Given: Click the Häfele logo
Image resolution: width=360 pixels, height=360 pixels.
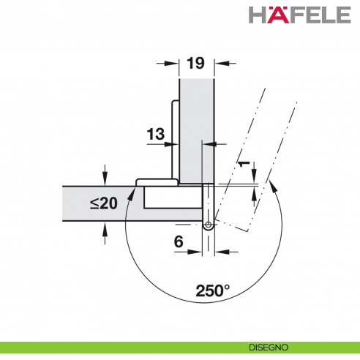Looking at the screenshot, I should coord(301,15).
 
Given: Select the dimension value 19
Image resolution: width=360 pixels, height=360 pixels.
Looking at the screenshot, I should coord(195,64).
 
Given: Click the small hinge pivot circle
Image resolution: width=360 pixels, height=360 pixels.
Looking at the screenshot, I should coord(208,227).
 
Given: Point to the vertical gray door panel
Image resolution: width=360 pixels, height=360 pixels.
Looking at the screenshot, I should coord(195,124).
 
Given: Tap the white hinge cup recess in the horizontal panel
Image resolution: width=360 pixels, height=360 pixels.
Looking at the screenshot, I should coord(172,197).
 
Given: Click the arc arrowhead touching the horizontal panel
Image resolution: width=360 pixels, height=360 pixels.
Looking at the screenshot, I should coord(131,192).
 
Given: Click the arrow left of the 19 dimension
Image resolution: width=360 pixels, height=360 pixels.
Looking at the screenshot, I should coord(170,64).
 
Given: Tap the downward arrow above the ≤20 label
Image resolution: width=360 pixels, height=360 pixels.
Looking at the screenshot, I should coord(105,178).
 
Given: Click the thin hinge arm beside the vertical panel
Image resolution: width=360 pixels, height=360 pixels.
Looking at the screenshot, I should coord(173,139).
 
